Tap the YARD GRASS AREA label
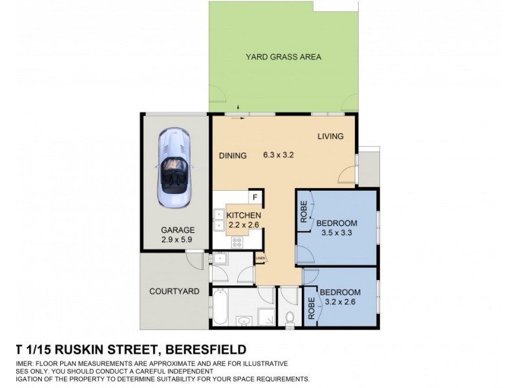[x=283, y=57]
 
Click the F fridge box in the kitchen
[x=255, y=197]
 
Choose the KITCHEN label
[x=243, y=215]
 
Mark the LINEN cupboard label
[x=260, y=259]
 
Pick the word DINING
[x=233, y=155]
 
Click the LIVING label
[x=330, y=136]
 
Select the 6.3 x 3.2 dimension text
[x=279, y=155]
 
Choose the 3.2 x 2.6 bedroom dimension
[x=339, y=301]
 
